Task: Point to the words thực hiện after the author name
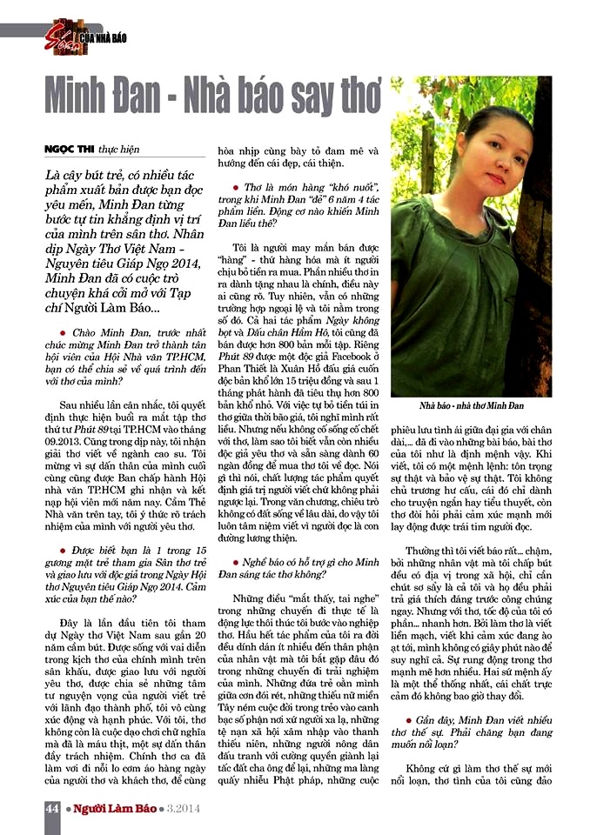119,150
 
